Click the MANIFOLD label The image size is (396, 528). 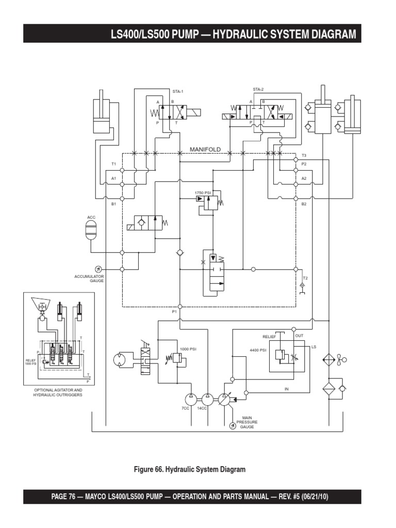(205, 149)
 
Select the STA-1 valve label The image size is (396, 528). (178, 91)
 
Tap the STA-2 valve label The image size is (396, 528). (258, 89)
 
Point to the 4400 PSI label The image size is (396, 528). (257, 350)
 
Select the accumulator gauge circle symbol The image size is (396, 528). (98, 269)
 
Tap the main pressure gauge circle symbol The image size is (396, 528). (233, 426)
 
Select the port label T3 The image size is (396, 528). (304, 155)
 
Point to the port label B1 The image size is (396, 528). (114, 204)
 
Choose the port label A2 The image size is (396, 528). (304, 178)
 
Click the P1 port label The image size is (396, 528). (174, 312)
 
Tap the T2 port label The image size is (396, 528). (305, 278)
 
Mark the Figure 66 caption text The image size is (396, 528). (190, 469)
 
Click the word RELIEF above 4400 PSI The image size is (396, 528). (269, 337)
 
